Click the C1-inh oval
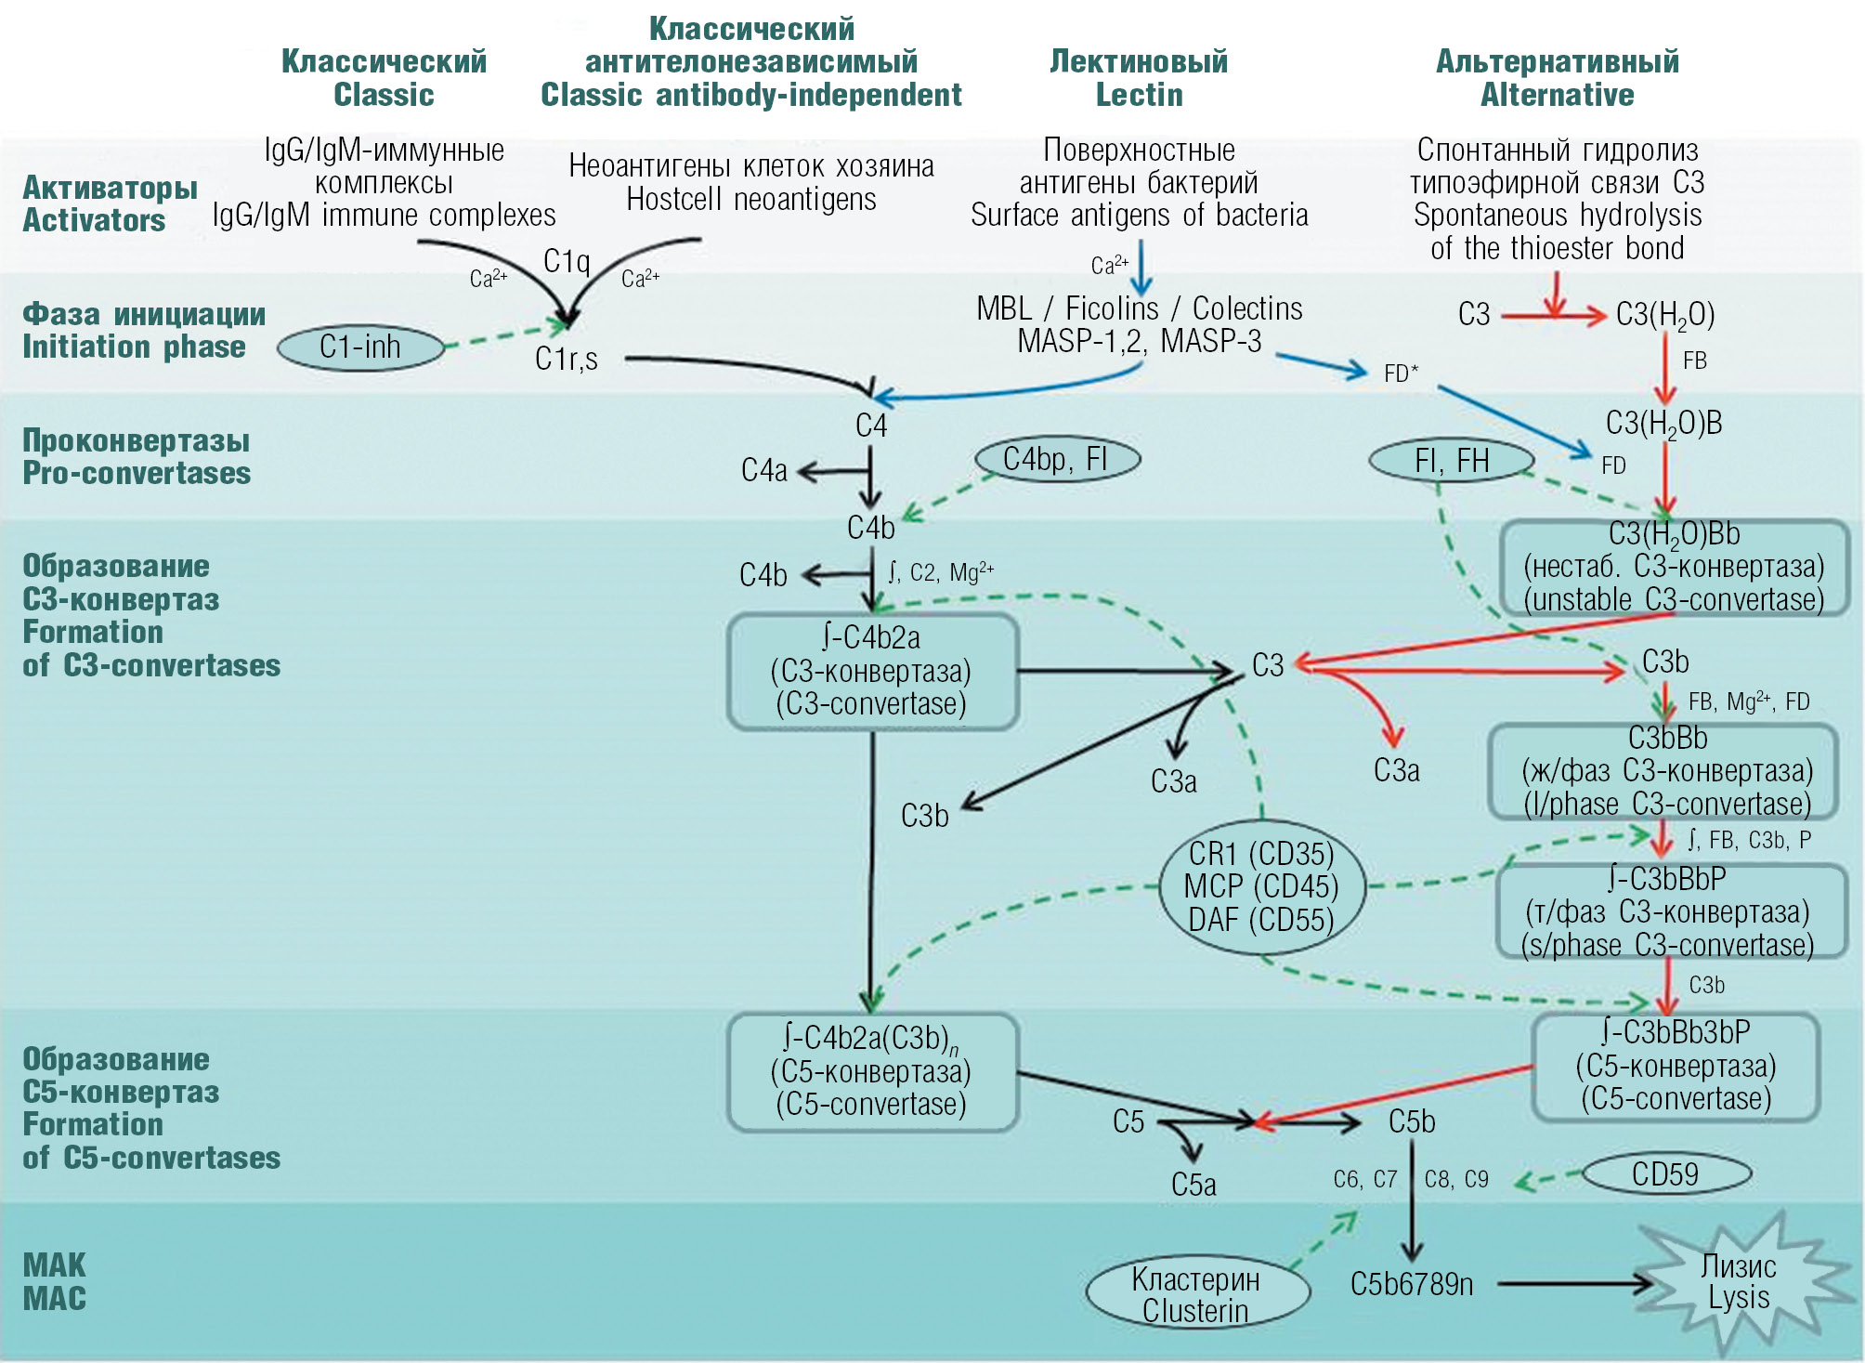pos(360,347)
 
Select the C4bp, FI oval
pos(1057,459)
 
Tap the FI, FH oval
pos(1451,461)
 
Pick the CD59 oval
pos(1665,1174)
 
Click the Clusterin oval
pos(1196,1294)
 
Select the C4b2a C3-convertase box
pos(872,671)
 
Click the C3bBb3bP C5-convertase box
pos(1676,1066)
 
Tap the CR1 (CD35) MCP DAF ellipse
pos(1261,886)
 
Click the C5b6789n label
pos(1412,1284)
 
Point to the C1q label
pos(567,261)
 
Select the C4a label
pos(763,470)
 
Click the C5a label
pos(1193,1185)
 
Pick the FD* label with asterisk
pos(1401,374)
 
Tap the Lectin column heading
pos(1139,78)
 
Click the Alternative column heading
pos(1557,78)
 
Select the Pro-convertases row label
pos(137,456)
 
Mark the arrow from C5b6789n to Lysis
pos(1573,1284)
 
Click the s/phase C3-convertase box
pos(1668,911)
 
